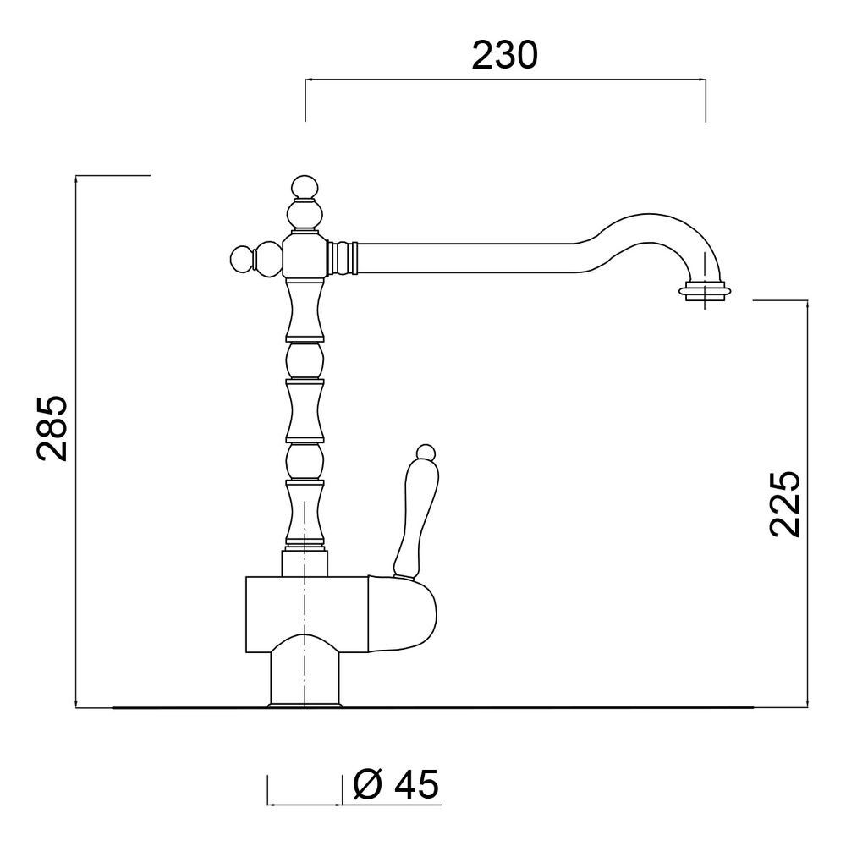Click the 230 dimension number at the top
(x=504, y=55)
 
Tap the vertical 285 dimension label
(x=52, y=429)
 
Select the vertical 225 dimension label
(x=784, y=504)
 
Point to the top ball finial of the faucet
(x=305, y=187)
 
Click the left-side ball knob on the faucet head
(x=242, y=260)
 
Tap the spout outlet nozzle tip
(x=705, y=290)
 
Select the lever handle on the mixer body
(x=416, y=517)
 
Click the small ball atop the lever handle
(x=426, y=451)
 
